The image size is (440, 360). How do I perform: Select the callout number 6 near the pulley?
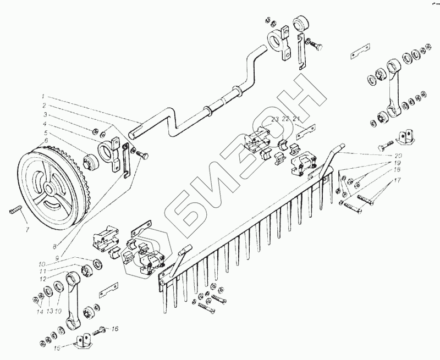[x=46, y=141]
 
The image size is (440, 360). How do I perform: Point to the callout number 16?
[x=115, y=329]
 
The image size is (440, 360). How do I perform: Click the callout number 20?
[x=398, y=156]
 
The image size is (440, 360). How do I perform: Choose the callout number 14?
[x=39, y=312]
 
